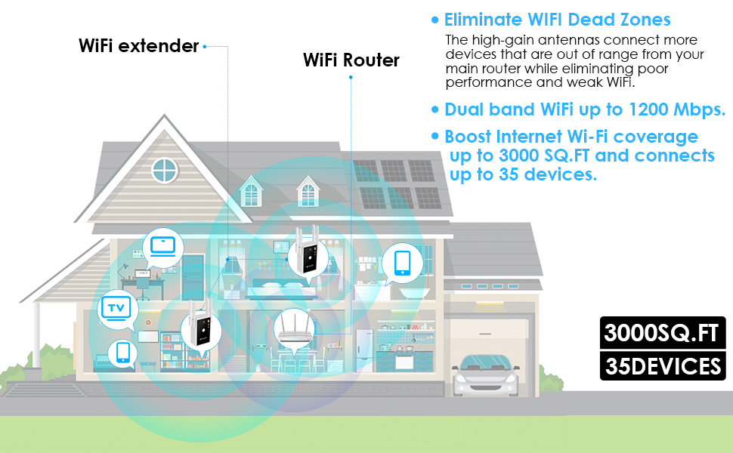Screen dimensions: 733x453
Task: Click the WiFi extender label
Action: point(138,46)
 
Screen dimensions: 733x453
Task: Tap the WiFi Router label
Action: point(351,60)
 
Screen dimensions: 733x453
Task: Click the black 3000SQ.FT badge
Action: point(663,333)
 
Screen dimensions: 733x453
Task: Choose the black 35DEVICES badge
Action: point(663,367)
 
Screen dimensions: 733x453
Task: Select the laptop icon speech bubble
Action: point(162,245)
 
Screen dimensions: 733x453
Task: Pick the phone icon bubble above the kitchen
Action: point(401,262)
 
